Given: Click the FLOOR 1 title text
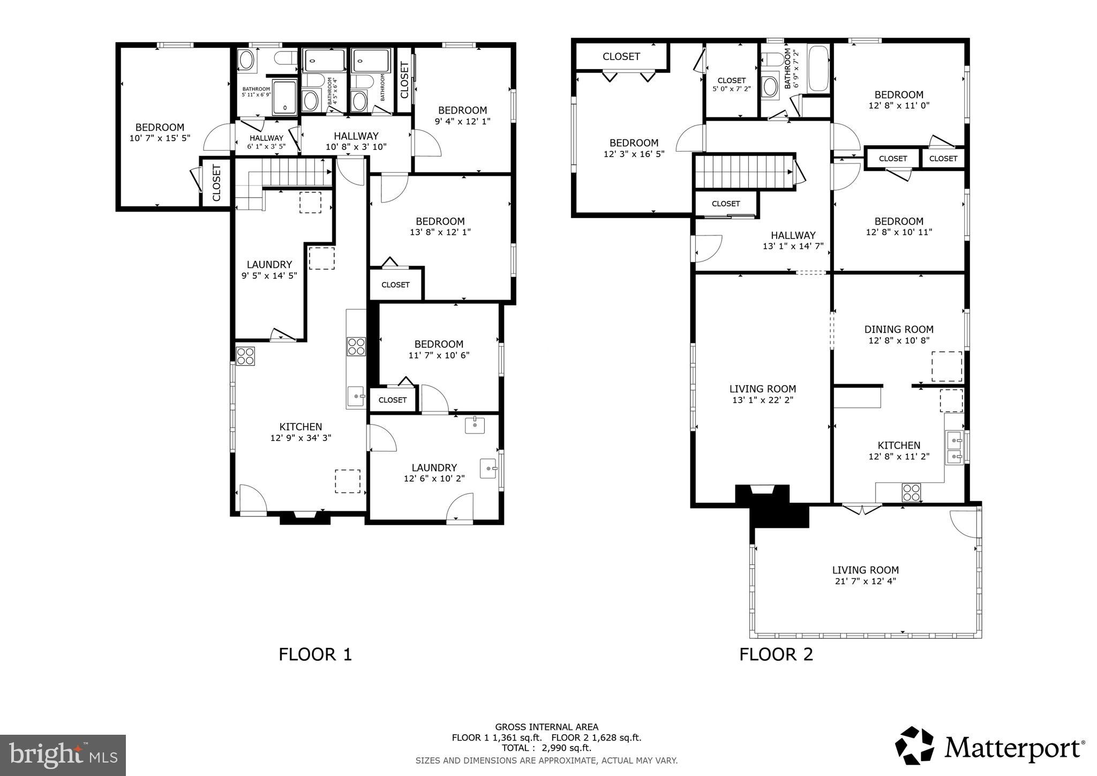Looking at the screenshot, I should tap(315, 654).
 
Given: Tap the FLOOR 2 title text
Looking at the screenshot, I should tap(776, 654).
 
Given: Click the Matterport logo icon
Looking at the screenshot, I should tap(915, 745).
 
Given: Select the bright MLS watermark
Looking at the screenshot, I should tap(63, 756).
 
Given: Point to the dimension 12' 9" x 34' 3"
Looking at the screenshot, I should tap(300, 438).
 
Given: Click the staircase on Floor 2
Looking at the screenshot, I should tap(743, 171).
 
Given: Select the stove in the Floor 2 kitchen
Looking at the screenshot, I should tap(911, 493).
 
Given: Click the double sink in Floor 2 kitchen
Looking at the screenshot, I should tap(955, 448).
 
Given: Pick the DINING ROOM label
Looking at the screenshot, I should tap(898, 330).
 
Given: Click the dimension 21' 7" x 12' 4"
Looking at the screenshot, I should tap(865, 581).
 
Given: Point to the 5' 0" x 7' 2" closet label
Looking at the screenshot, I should tap(731, 85).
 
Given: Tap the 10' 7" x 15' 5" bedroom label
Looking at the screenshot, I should tap(160, 133).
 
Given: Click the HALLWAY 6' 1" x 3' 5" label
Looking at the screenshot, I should tap(266, 141).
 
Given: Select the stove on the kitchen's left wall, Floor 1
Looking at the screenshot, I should tap(245, 356).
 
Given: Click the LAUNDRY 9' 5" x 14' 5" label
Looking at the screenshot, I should tap(269, 270).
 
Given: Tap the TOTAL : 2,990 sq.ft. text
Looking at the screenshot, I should tap(546, 748).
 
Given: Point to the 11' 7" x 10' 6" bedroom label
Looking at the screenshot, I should tap(439, 349).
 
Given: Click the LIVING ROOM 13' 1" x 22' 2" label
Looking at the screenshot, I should tap(762, 394).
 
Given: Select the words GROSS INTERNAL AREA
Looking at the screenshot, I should tap(546, 727).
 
